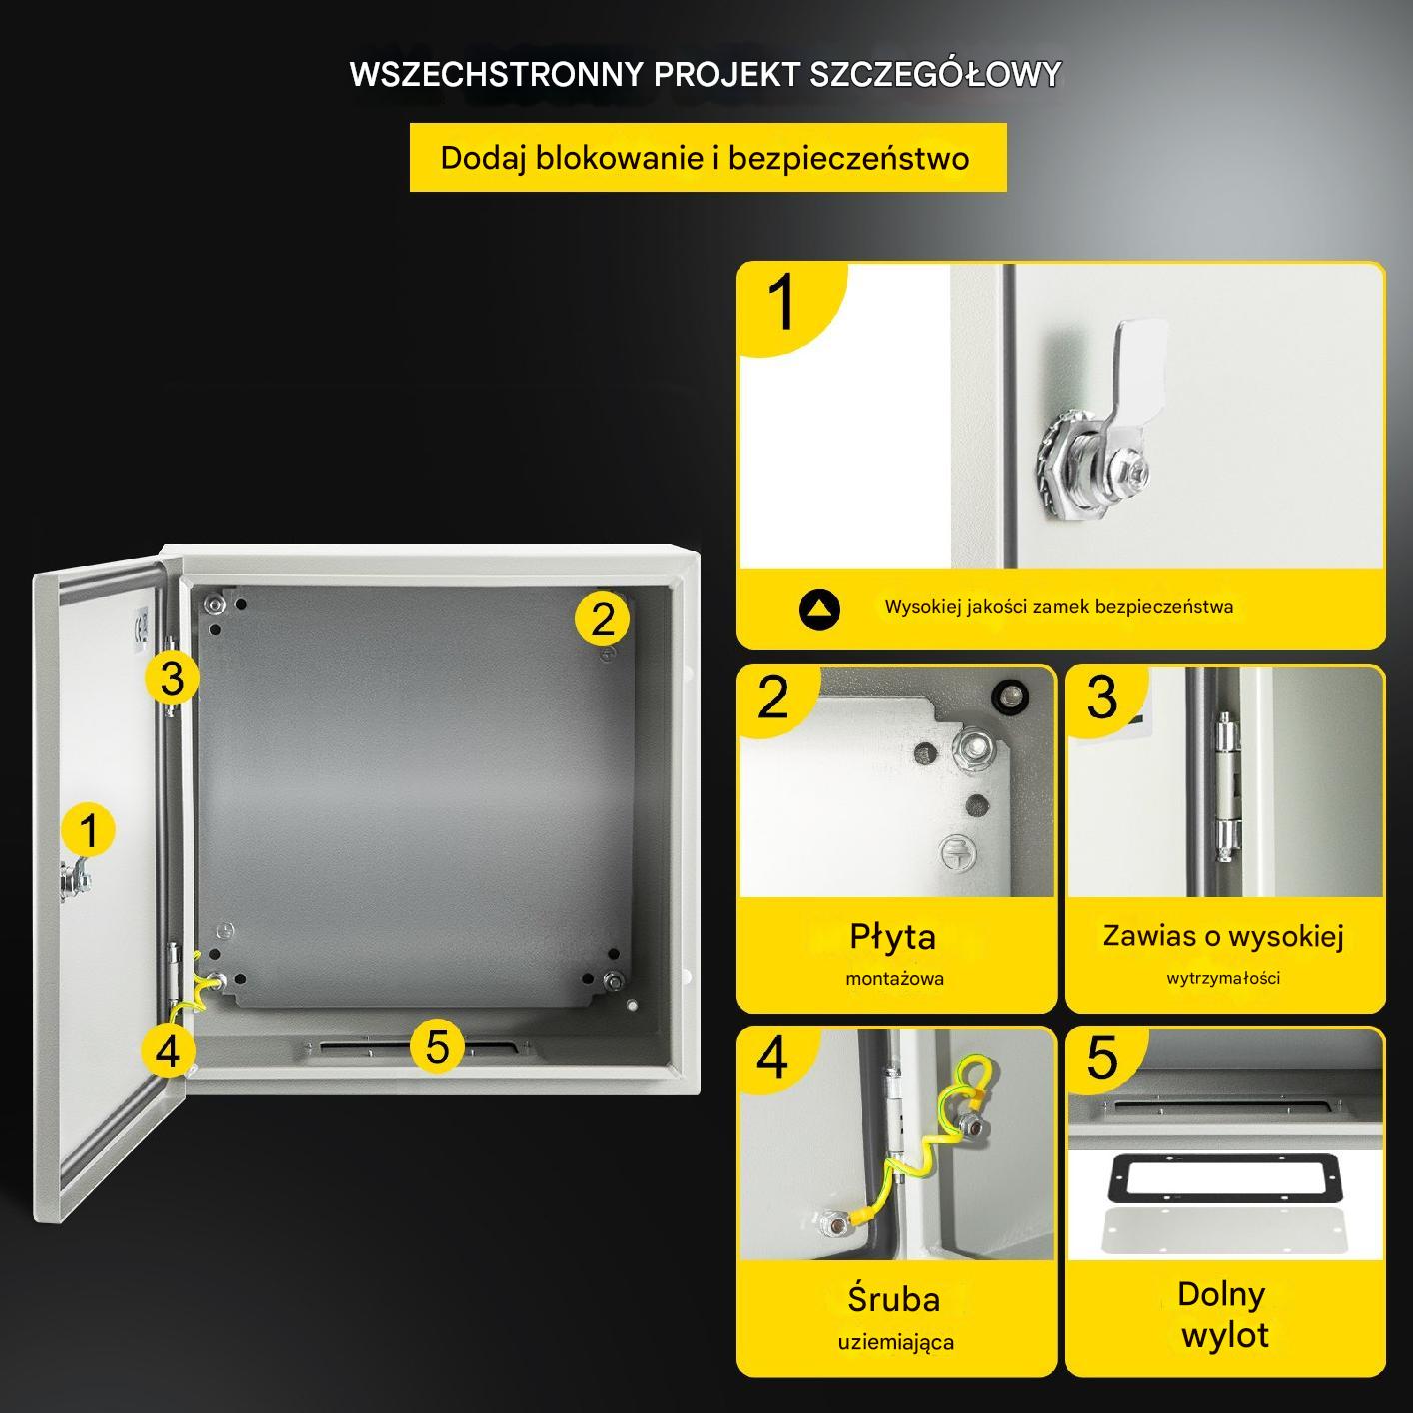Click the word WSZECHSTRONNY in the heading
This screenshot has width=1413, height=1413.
point(497,74)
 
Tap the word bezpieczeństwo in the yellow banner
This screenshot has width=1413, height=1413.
point(848,158)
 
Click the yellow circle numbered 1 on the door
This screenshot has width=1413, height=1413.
point(88,830)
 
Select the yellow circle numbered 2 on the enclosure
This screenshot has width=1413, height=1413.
point(602,619)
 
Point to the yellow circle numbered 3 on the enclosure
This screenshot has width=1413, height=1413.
point(172,678)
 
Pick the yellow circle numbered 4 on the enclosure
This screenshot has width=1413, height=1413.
point(168,1050)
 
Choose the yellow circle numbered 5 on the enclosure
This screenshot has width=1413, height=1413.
point(437,1045)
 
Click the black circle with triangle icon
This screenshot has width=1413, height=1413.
point(819,609)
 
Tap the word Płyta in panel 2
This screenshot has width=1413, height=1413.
point(892,938)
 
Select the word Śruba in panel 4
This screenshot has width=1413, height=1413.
point(893,1299)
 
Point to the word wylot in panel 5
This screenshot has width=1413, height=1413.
point(1224,1334)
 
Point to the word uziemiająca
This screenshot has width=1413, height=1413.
point(896,1343)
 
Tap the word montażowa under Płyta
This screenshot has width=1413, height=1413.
point(894,979)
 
